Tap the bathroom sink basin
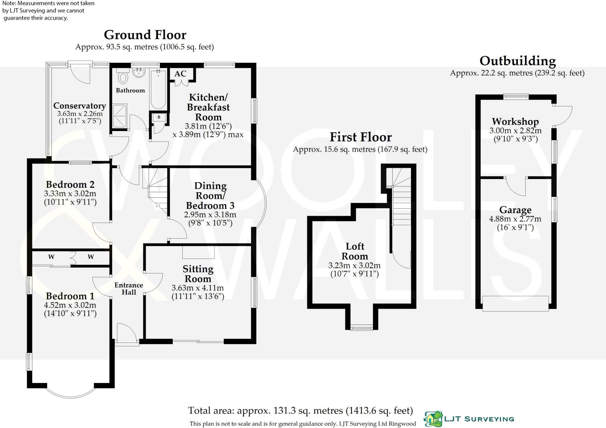[138, 72]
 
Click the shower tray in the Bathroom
[120, 116]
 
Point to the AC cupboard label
[180, 74]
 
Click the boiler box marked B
[159, 117]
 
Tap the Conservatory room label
[80, 106]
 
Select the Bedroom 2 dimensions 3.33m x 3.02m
[70, 194]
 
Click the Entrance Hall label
[129, 289]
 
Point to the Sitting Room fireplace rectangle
[198, 252]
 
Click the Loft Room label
[355, 251]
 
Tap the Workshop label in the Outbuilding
[515, 122]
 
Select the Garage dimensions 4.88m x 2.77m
[515, 219]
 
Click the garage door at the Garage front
[515, 303]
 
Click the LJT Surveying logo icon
[434, 419]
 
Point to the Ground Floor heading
[145, 35]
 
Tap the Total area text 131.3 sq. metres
[300, 411]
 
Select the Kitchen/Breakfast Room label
[208, 107]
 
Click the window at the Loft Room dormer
[361, 327]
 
